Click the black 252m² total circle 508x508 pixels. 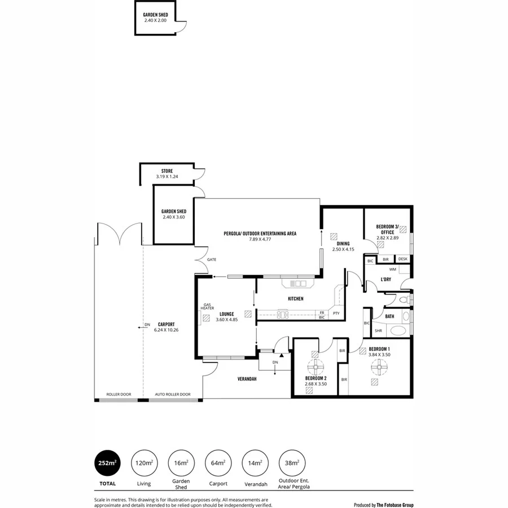[107, 463]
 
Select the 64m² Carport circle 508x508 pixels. [217, 463]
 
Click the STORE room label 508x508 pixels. [167, 170]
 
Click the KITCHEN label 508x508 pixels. [296, 299]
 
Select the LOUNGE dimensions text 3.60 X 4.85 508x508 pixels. [227, 320]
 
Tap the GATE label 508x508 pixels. [212, 260]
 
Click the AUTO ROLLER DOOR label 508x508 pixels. [173, 395]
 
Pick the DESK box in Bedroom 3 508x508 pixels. [402, 259]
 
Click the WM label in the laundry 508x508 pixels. [392, 269]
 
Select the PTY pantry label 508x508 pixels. [336, 313]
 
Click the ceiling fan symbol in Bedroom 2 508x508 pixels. [313, 365]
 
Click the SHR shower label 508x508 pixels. [378, 331]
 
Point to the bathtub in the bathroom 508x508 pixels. [398, 331]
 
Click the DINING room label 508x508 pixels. [343, 243]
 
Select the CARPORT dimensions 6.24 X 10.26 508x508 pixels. [166, 330]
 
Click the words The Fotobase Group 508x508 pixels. [396, 505]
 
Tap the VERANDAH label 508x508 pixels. [247, 379]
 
